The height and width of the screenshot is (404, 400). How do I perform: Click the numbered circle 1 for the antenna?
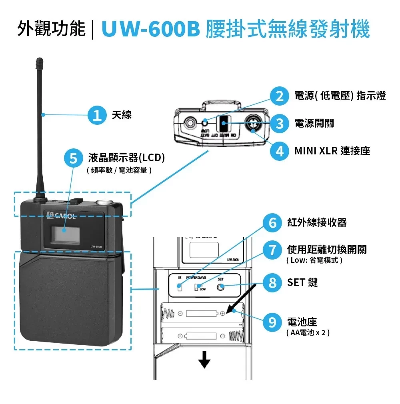(x=96, y=115)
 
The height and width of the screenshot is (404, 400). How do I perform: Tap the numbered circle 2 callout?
(x=279, y=96)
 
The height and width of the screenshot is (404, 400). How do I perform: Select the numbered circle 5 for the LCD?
(x=74, y=159)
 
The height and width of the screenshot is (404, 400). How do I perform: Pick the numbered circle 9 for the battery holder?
(x=272, y=322)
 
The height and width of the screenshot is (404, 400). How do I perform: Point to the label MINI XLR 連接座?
(x=332, y=151)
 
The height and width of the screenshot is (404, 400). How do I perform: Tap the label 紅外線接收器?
(x=317, y=222)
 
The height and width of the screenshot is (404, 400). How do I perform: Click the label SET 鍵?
(x=302, y=282)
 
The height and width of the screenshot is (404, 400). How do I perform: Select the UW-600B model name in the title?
(x=151, y=30)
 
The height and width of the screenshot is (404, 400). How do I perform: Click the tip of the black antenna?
(x=39, y=61)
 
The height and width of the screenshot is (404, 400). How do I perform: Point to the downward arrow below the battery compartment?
(x=204, y=362)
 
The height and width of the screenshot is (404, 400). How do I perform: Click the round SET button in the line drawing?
(x=220, y=287)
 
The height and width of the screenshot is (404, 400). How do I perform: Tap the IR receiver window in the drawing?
(x=180, y=287)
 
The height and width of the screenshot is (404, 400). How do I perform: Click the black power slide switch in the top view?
(x=224, y=124)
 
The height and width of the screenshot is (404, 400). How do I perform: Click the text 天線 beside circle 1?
(x=122, y=115)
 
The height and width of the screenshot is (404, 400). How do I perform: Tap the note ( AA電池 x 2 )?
(x=308, y=333)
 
